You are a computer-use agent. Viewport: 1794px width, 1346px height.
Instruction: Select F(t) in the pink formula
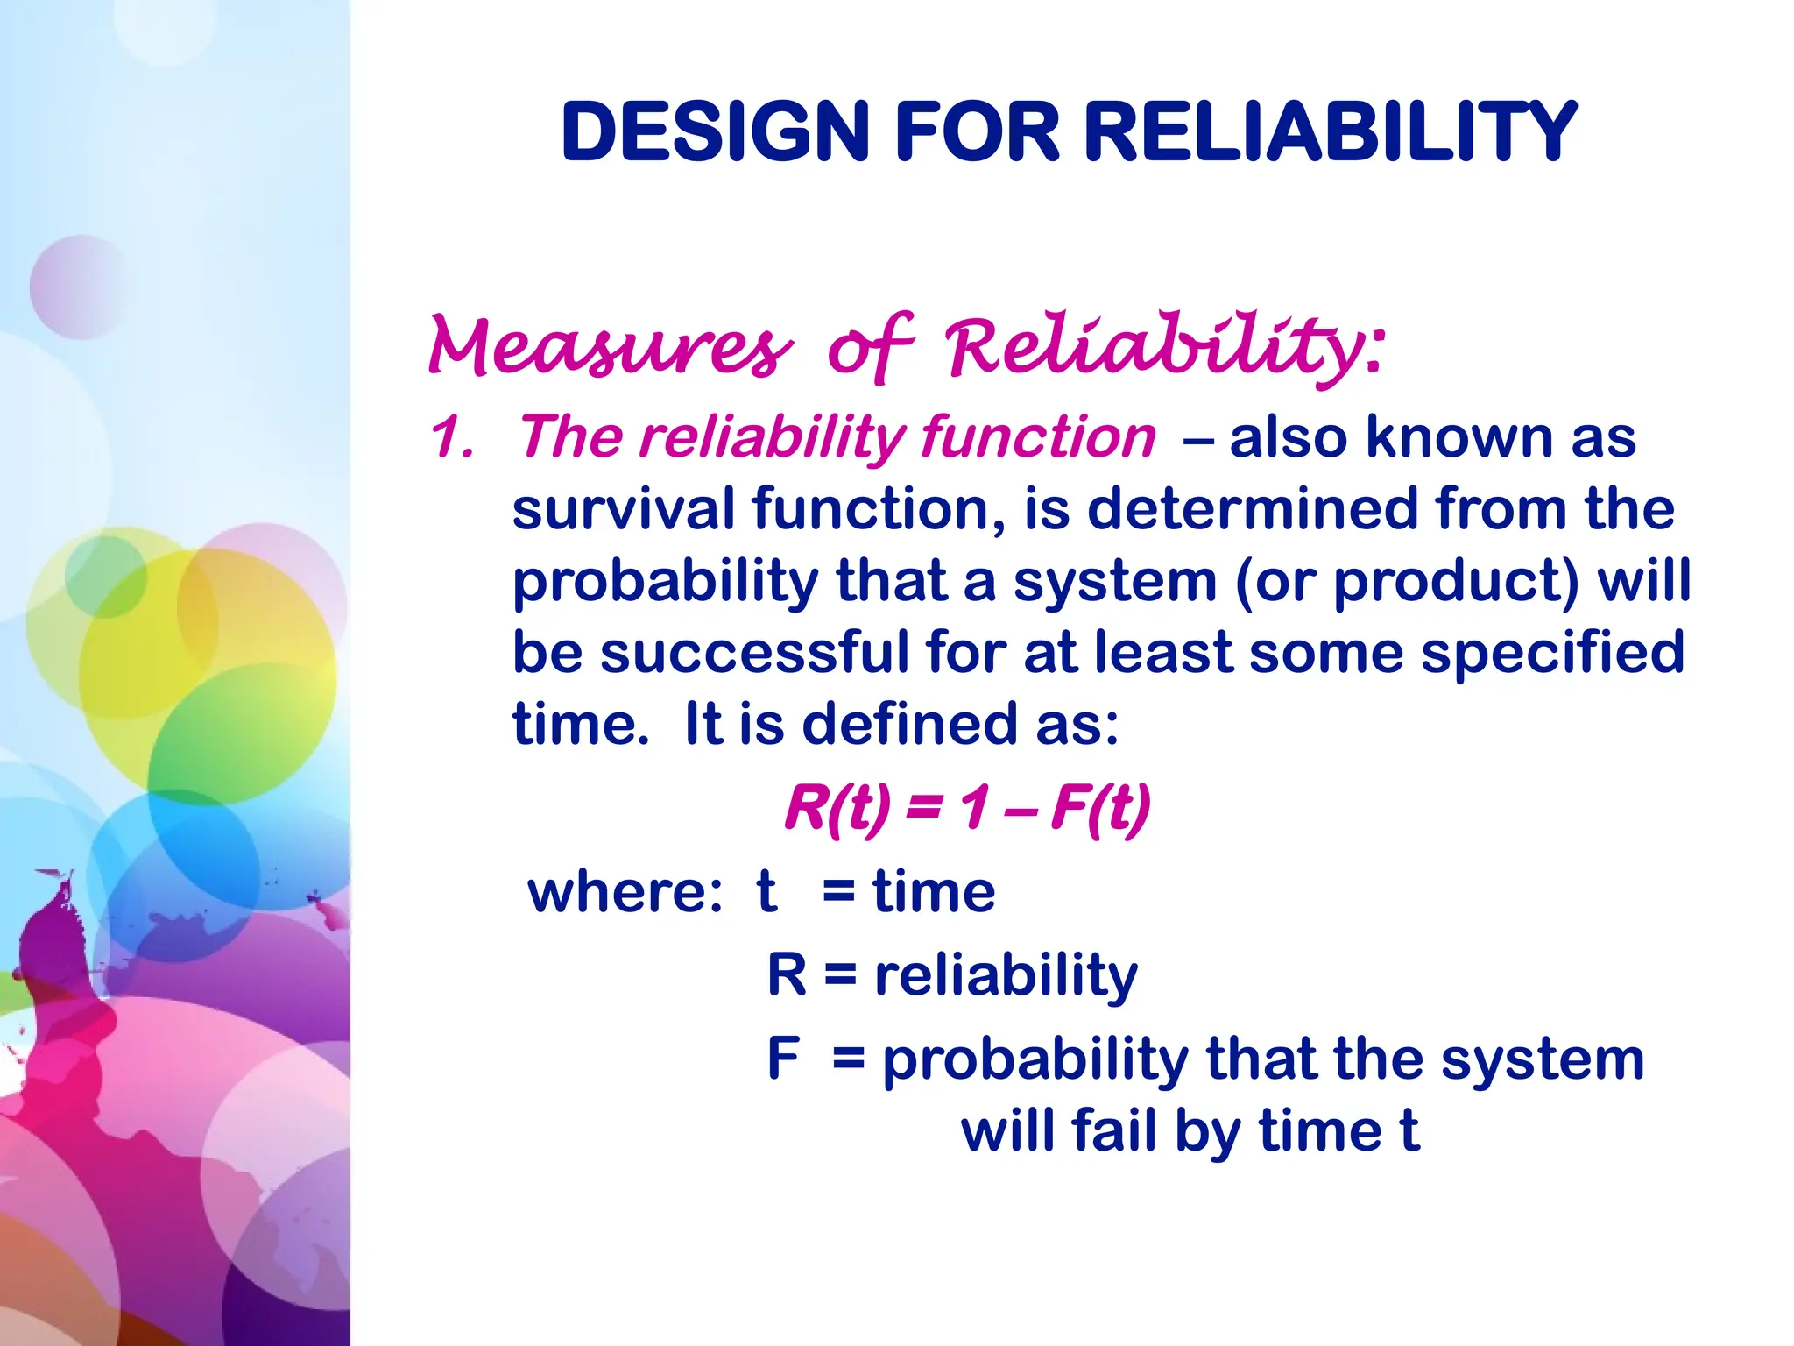tap(1100, 807)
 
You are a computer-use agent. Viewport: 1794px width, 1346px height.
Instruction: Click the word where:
tap(625, 892)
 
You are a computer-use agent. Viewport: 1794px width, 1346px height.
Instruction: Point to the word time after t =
tap(934, 892)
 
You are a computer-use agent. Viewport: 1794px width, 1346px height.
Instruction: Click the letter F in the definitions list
tap(783, 1059)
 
